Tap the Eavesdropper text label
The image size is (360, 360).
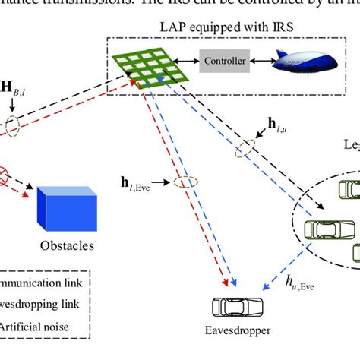tap(237, 331)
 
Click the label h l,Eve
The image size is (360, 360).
tap(145, 182)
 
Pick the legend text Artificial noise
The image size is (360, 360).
tap(34, 327)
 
